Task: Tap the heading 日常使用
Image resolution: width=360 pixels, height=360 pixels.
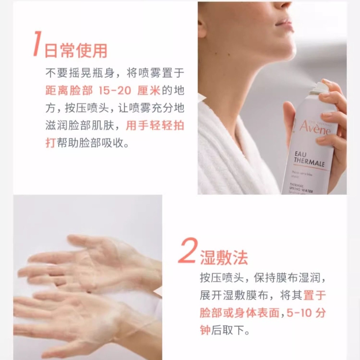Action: [76, 51]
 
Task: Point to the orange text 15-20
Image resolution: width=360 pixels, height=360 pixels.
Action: [114, 90]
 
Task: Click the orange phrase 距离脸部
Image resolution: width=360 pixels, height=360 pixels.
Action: [68, 90]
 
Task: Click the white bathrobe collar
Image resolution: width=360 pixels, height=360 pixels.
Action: [230, 144]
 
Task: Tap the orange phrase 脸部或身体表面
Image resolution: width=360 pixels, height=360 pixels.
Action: [240, 313]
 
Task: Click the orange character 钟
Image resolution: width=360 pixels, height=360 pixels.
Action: [205, 330]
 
